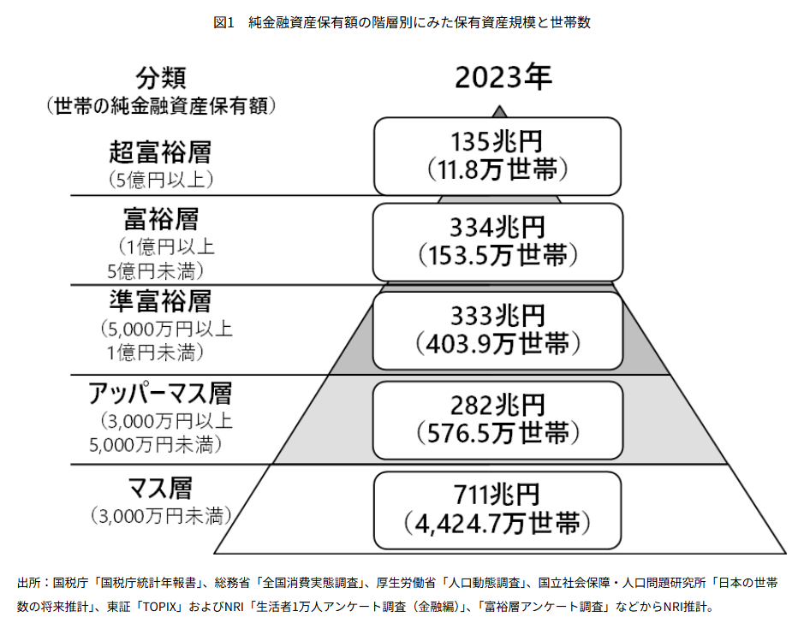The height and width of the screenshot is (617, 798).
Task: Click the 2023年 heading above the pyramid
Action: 503,78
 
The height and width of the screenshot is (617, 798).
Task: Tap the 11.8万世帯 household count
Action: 497,169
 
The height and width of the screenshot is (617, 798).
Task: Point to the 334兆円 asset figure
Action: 497,228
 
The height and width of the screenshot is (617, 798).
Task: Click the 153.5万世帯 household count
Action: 497,254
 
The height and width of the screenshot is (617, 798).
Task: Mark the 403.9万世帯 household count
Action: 497,343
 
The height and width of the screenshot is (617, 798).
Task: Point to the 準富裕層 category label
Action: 160,301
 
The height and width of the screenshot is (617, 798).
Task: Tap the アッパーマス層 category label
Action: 160,394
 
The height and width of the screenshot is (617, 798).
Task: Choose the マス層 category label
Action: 160,489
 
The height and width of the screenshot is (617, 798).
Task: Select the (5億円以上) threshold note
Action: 160,180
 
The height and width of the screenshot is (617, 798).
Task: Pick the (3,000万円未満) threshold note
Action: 160,516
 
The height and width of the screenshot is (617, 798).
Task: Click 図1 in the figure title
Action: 223,23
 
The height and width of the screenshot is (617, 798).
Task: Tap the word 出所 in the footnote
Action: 29,583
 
